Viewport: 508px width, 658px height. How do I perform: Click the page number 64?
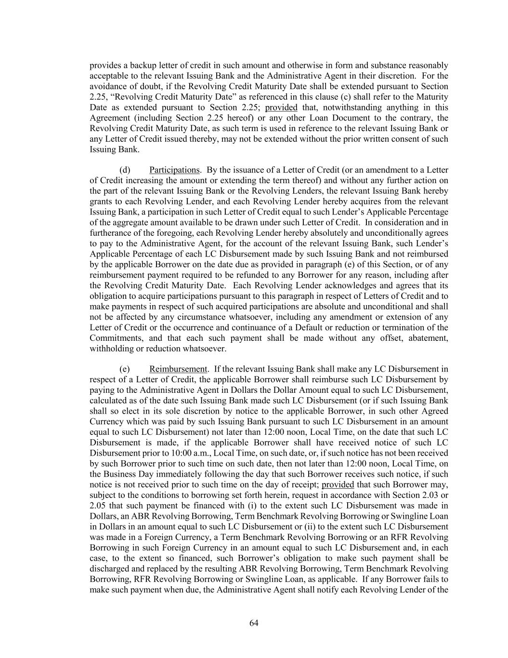tap(254, 623)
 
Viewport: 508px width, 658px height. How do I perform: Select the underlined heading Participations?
tap(174, 170)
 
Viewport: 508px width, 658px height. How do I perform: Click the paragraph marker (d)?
tap(125, 170)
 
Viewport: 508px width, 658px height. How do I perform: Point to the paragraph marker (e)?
tap(124, 369)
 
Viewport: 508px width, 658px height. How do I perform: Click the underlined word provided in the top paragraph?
tap(281, 107)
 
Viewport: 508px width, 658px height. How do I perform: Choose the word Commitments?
tap(114, 338)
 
